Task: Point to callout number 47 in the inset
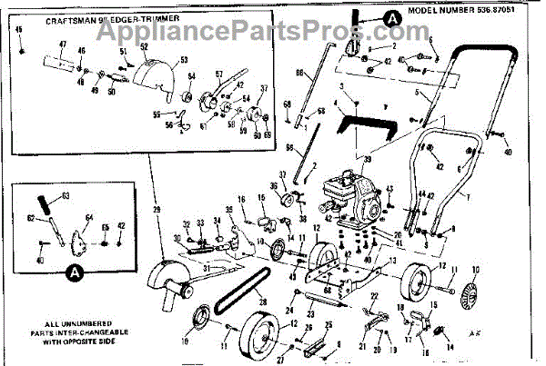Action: (x=63, y=45)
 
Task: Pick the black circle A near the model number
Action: (x=390, y=16)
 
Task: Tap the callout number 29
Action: (x=157, y=210)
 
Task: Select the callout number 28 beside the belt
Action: (x=260, y=292)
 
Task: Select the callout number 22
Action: (x=374, y=297)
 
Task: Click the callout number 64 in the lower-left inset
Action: (x=89, y=218)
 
